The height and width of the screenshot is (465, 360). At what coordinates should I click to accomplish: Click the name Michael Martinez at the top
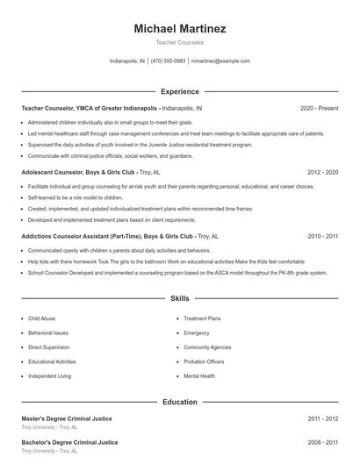point(180,29)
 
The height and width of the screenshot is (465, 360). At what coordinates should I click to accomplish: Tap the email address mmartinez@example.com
point(220,61)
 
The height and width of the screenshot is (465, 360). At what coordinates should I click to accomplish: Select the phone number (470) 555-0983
point(168,61)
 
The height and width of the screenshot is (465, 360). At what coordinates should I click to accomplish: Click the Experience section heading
point(180,91)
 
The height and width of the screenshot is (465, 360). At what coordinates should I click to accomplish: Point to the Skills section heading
point(180,299)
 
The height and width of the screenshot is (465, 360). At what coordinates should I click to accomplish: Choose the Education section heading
point(180,402)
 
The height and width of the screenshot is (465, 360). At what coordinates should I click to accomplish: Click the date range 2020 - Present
point(319,108)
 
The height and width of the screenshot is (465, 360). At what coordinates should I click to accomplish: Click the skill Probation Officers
point(205,361)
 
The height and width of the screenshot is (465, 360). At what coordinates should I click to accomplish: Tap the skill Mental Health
point(199,376)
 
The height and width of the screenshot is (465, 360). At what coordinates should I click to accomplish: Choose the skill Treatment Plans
point(202,318)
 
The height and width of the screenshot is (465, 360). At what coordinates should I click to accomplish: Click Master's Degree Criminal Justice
point(69,419)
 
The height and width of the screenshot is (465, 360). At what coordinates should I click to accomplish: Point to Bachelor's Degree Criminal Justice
point(70,442)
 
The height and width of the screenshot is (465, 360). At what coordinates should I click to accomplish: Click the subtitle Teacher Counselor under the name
point(180,42)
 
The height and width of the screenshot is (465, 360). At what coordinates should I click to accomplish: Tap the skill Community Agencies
point(206,347)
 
